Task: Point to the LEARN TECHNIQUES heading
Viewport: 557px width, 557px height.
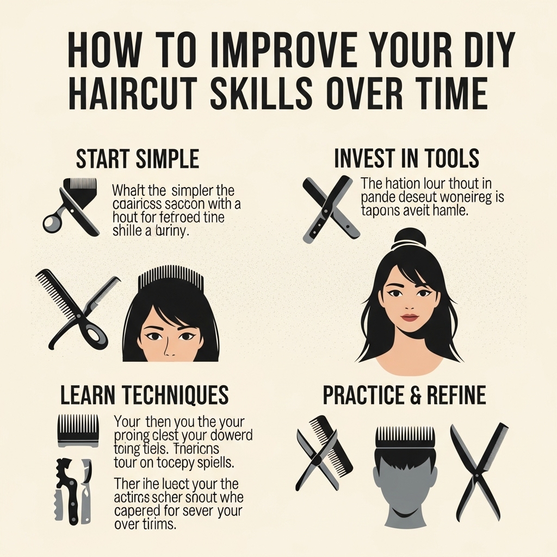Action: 144,395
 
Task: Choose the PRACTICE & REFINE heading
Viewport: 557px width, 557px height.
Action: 404,395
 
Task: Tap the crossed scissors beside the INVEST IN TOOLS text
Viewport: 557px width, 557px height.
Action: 330,208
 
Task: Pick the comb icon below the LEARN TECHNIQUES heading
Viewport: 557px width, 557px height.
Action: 78,430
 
